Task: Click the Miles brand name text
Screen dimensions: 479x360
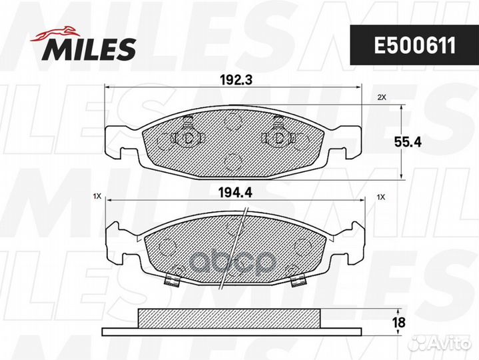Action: [89, 49]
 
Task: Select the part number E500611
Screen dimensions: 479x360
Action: [414, 45]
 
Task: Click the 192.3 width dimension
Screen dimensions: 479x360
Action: [236, 80]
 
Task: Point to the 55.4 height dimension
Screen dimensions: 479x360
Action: [408, 142]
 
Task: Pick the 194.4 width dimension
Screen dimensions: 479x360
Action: [235, 193]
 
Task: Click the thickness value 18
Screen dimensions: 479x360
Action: [399, 323]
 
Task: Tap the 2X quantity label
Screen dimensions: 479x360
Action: [382, 97]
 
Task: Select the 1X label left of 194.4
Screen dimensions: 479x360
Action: [97, 197]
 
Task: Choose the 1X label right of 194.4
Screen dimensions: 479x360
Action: [381, 197]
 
